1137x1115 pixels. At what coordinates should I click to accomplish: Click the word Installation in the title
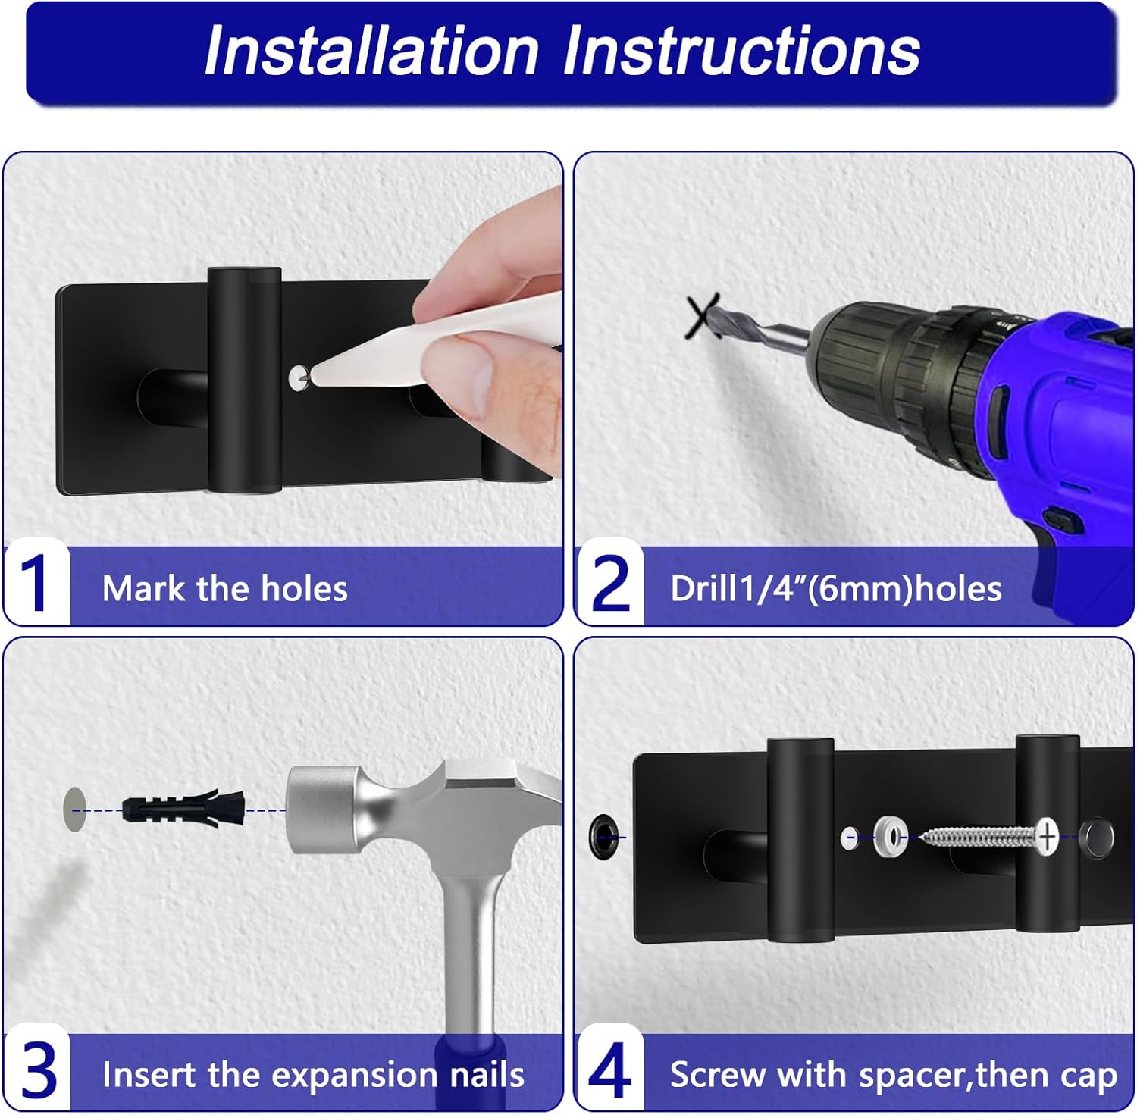coord(371,51)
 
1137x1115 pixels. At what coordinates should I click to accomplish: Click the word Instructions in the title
coord(741,51)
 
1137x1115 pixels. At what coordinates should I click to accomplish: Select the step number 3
coord(39,1070)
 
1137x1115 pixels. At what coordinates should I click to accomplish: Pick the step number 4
coord(609,1070)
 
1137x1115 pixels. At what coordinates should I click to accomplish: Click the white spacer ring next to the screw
coord(890,837)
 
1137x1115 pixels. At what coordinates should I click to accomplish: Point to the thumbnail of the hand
coord(456,365)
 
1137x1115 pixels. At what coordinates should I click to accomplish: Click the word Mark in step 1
coord(145,588)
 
